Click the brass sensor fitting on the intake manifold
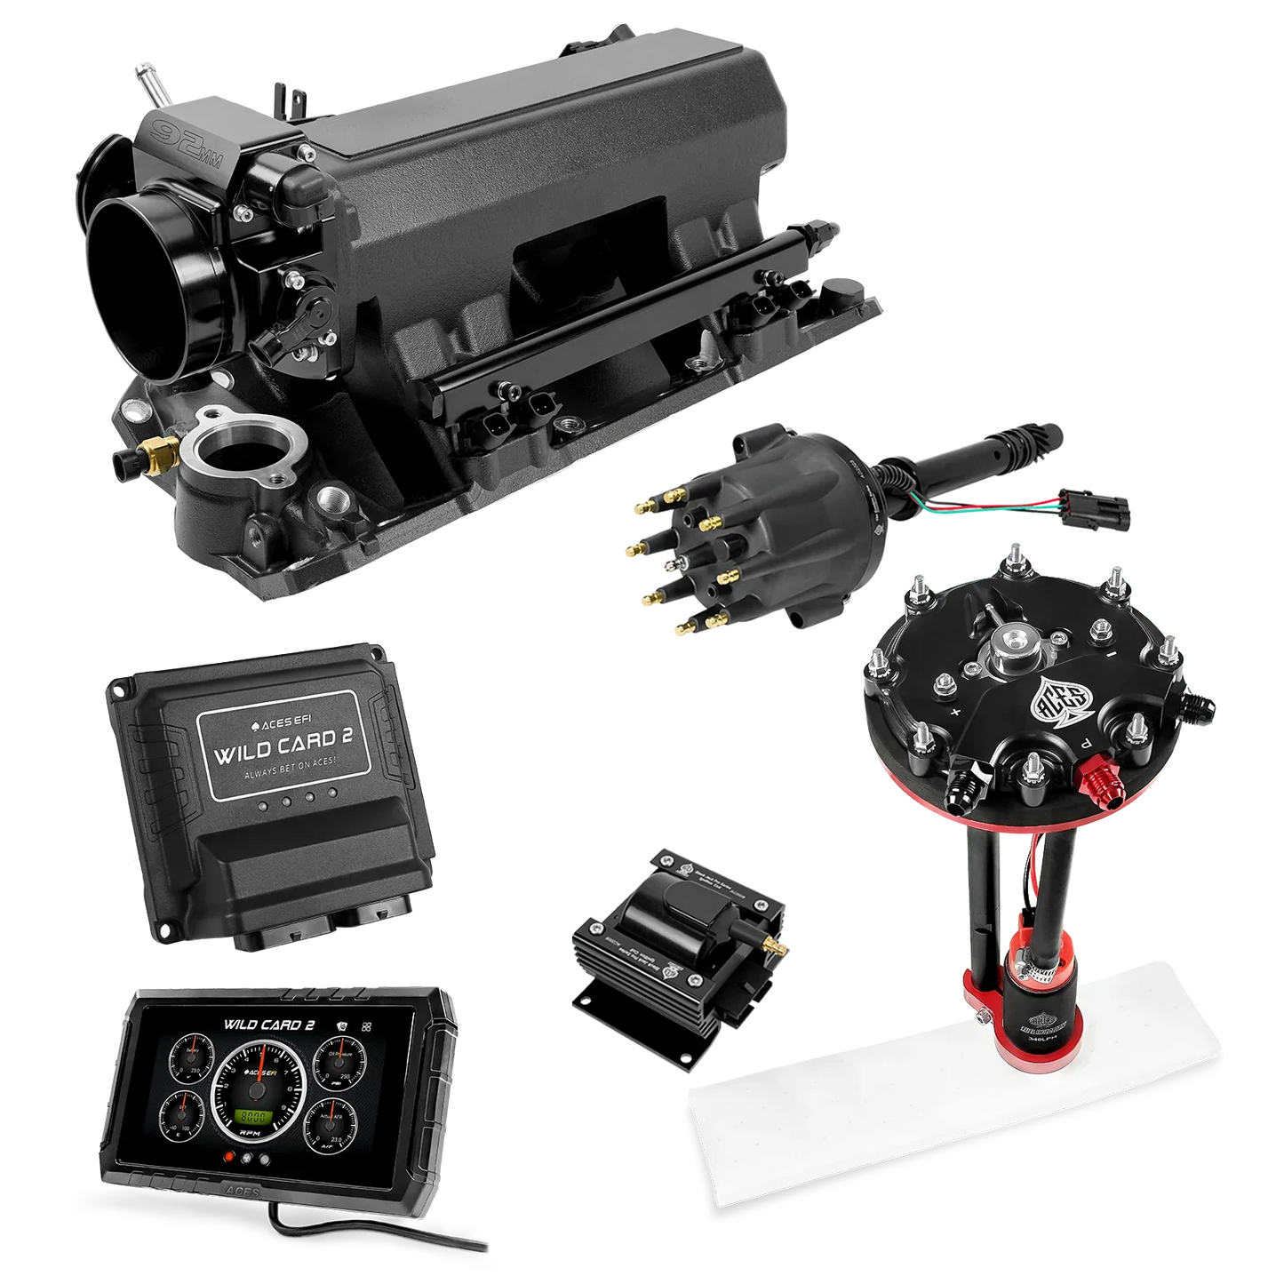click(x=164, y=451)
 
